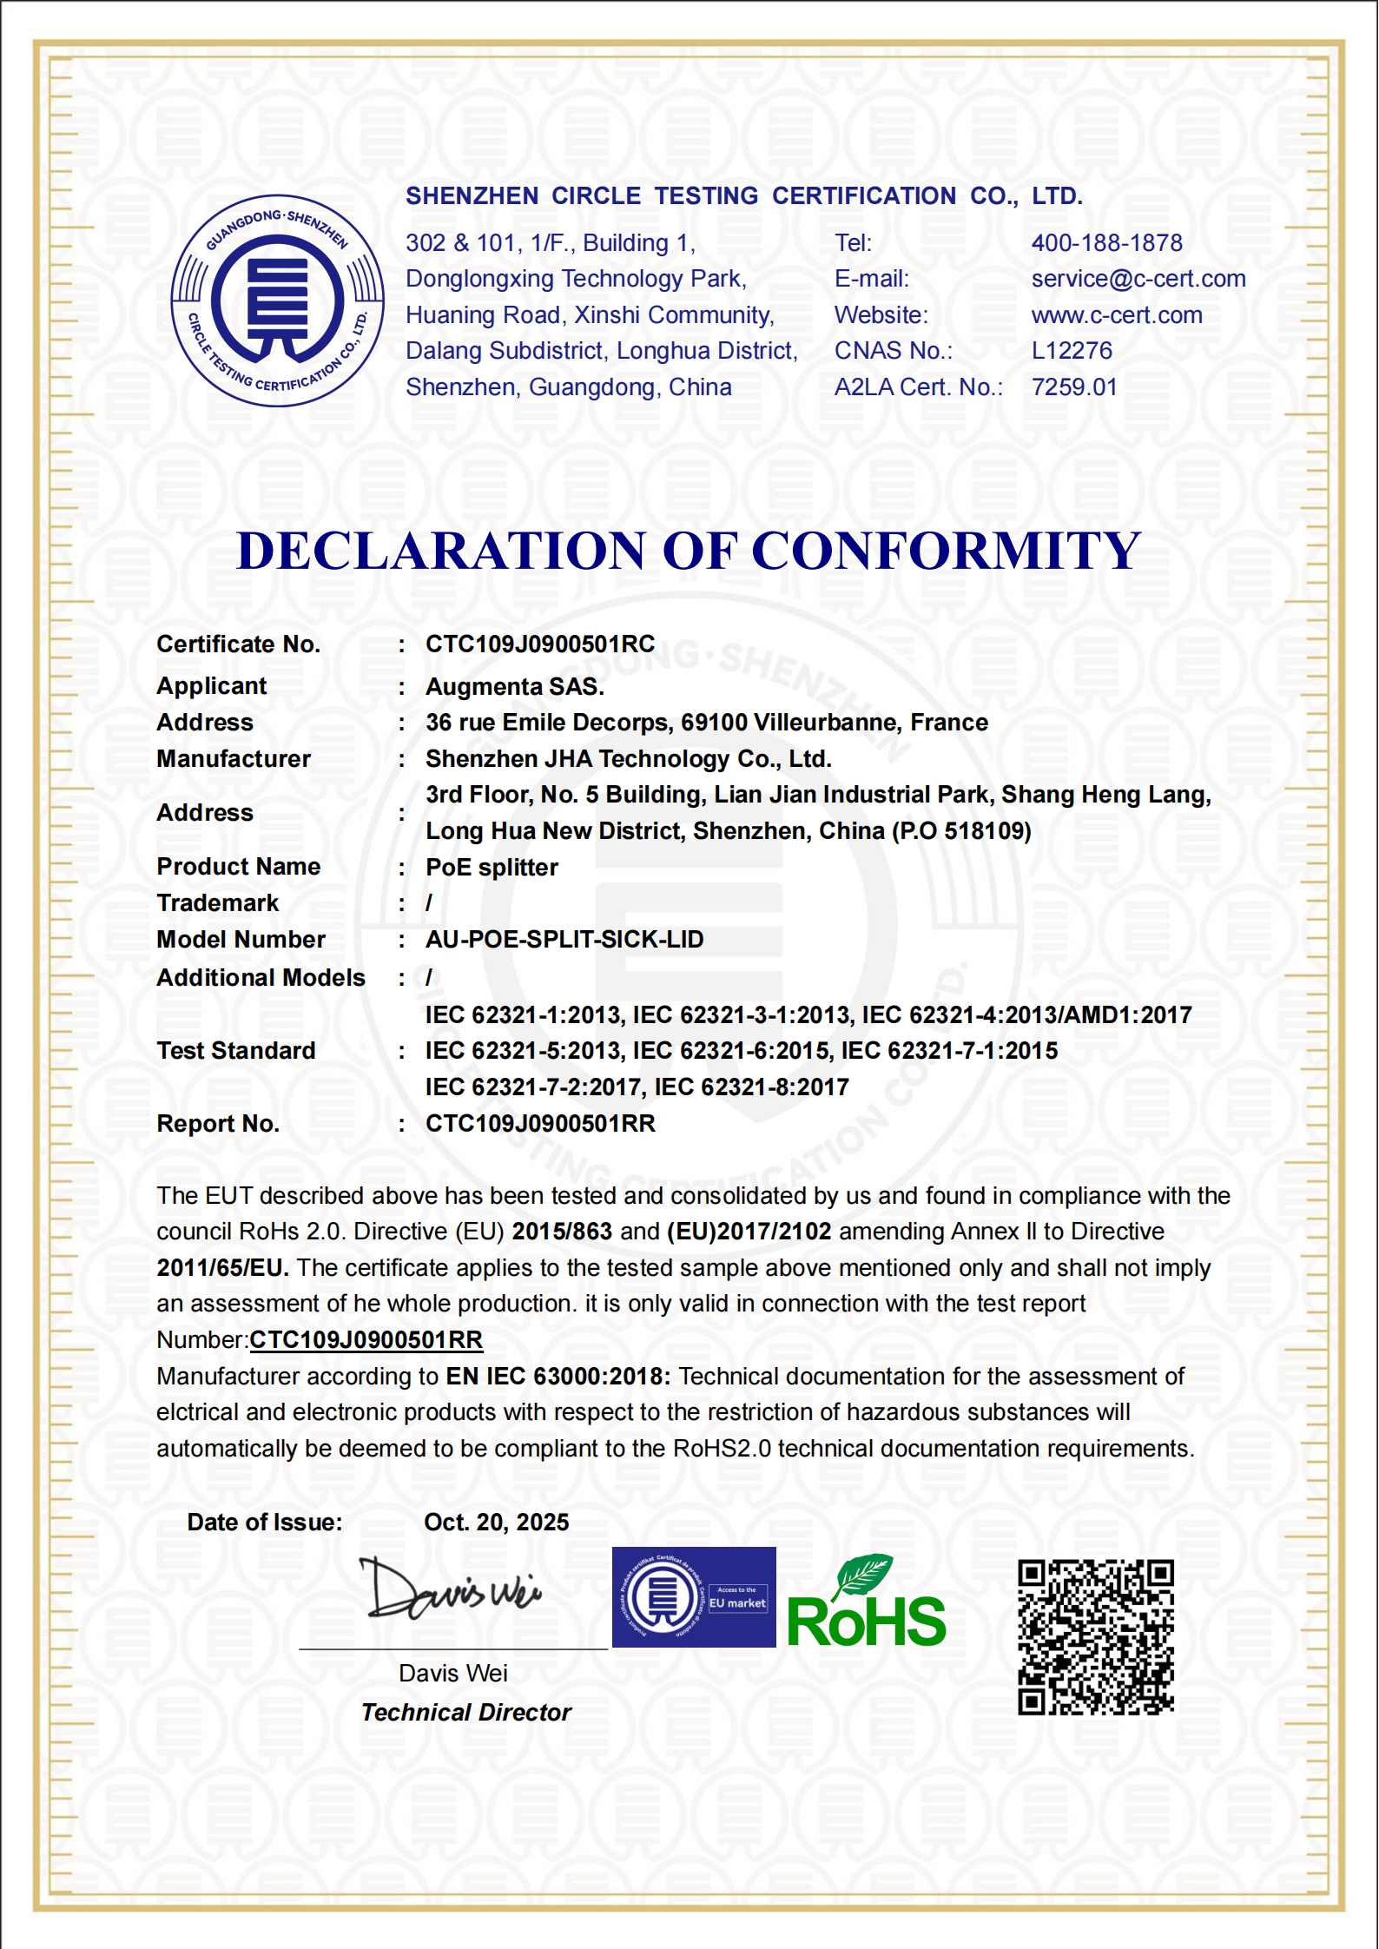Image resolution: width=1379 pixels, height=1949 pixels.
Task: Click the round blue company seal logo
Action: [x=277, y=301]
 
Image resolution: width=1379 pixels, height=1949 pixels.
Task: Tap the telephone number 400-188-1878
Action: [x=1106, y=243]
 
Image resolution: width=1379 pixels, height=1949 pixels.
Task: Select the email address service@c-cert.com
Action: [x=1138, y=279]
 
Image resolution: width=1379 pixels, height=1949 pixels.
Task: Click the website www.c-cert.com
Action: [x=1116, y=315]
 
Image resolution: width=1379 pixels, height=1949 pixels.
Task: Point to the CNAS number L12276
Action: [x=1071, y=351]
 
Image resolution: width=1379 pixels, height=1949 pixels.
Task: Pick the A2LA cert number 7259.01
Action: [x=1073, y=387]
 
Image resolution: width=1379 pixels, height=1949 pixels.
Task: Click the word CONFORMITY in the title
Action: [x=946, y=551]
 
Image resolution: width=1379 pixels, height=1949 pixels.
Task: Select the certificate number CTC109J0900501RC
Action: [x=540, y=644]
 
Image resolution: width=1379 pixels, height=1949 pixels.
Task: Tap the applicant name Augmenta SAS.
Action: [x=514, y=687]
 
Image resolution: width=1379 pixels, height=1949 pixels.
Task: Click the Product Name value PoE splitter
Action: [x=492, y=868]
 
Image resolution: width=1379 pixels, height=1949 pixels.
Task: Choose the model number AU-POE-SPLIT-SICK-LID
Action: [x=564, y=940]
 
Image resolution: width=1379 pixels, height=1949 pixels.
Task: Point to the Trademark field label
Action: [x=217, y=903]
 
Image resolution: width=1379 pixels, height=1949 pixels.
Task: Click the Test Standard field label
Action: [x=235, y=1051]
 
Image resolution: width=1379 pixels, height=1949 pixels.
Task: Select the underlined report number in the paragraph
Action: [x=366, y=1340]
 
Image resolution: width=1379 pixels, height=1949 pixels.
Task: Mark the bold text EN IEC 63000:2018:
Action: [x=558, y=1377]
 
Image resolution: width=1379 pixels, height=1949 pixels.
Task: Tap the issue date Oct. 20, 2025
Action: [x=496, y=1523]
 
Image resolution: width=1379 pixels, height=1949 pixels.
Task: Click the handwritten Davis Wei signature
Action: [x=450, y=1589]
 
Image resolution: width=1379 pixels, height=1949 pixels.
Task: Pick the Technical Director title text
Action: [x=465, y=1713]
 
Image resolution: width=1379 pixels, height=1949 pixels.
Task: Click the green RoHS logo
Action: [x=866, y=1602]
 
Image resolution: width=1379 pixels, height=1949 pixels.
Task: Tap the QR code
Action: [x=1095, y=1637]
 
